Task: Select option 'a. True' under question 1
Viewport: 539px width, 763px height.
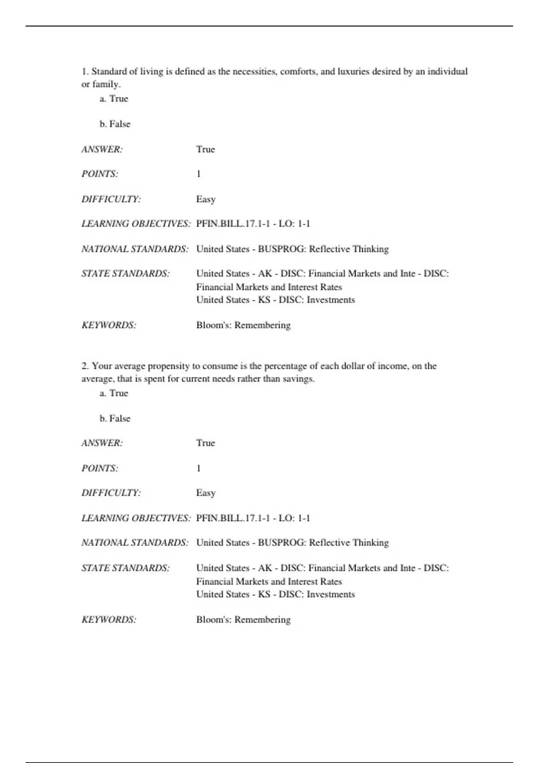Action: point(114,99)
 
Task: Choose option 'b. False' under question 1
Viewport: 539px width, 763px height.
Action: point(115,124)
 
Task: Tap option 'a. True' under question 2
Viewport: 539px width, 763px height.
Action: point(114,393)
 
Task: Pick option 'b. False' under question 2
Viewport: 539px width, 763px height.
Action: point(115,418)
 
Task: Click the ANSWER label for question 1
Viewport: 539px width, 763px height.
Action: point(102,149)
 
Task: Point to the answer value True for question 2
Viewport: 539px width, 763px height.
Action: point(206,443)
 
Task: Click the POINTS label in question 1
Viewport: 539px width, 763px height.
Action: point(100,174)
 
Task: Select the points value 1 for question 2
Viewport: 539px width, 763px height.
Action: point(199,468)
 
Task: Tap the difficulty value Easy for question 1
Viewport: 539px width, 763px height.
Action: point(206,199)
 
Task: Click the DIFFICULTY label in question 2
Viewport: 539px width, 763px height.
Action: point(111,493)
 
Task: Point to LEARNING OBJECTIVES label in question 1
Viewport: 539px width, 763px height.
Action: point(136,224)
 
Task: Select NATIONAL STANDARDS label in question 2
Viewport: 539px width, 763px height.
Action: point(135,543)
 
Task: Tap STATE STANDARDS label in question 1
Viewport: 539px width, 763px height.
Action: point(126,274)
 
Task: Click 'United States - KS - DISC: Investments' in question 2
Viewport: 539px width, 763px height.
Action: point(275,594)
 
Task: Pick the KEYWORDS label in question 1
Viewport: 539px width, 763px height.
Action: point(109,325)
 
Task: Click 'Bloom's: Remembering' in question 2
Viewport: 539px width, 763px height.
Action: point(243,620)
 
